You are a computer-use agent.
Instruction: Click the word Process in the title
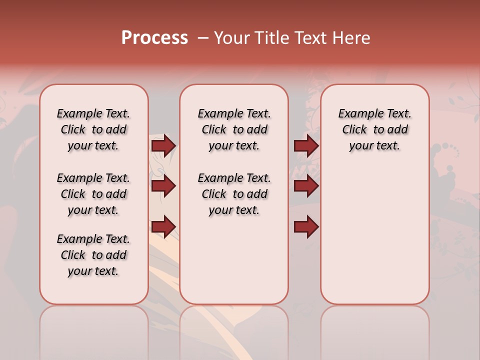click(x=154, y=38)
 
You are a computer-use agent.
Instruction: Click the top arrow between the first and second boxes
click(x=163, y=146)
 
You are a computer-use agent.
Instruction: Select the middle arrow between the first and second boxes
click(x=163, y=186)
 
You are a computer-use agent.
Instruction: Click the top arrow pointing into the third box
click(x=306, y=146)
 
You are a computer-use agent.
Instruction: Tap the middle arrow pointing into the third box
click(x=306, y=186)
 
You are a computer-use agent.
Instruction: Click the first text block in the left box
click(x=93, y=129)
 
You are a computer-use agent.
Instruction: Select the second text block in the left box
click(x=93, y=194)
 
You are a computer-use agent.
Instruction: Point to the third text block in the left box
click(x=93, y=255)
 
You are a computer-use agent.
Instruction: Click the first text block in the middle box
click(x=234, y=129)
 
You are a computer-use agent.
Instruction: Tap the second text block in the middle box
click(x=234, y=194)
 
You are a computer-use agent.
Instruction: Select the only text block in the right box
click(x=374, y=129)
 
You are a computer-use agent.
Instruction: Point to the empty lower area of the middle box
click(x=234, y=260)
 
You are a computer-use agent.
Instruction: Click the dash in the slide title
click(x=203, y=38)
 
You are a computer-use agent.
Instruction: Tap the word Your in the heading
click(x=231, y=38)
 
